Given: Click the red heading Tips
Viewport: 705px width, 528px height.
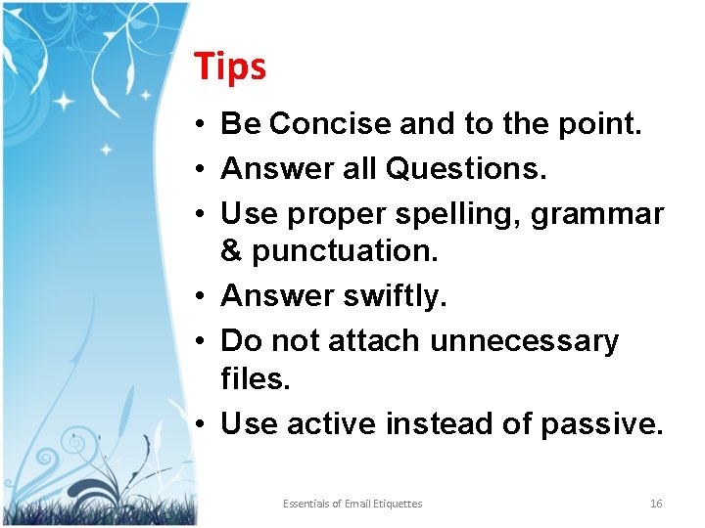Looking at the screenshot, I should [230, 66].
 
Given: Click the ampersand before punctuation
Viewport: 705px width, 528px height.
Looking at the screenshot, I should [232, 251].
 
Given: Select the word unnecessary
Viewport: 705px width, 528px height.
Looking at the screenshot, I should [525, 341].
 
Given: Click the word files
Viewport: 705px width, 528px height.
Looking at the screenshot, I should [256, 378].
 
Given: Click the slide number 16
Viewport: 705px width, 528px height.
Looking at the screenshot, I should [656, 504].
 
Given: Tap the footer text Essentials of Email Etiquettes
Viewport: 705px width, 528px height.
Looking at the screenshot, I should [352, 504].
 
